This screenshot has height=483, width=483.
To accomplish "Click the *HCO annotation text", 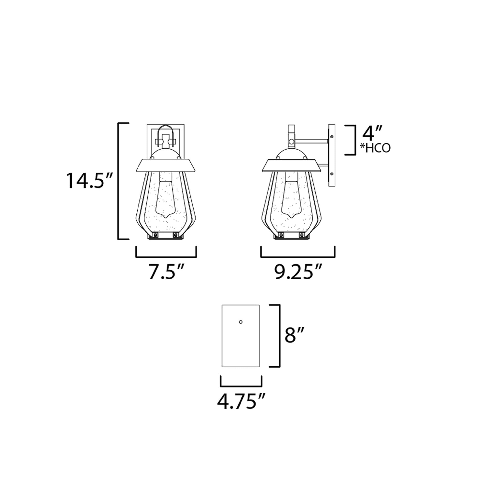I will pos(375,148).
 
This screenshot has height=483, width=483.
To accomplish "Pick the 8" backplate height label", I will pos(294,335).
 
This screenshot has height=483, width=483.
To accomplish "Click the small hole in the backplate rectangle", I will pos(241,322).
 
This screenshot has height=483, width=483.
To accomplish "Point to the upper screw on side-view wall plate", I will pos(332,137).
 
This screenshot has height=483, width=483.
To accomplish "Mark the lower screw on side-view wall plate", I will pos(332,173).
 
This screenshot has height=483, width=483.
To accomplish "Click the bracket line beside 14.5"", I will pos(118,181).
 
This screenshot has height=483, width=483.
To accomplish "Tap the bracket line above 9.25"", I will pos(298,257).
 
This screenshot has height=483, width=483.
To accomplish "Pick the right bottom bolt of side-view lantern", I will pos(302,235).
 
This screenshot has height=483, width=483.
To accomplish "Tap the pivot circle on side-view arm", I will pos(291,142).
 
